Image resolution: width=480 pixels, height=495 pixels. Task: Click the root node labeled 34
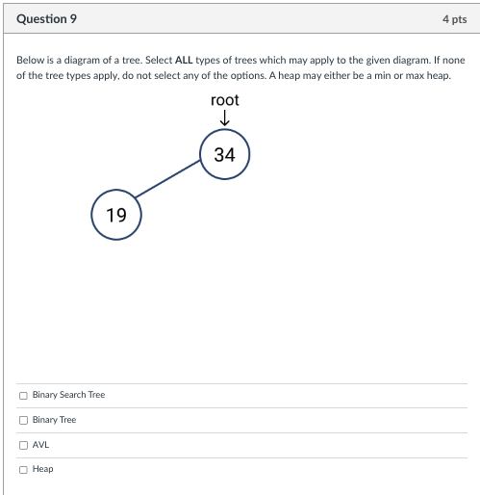[225, 154]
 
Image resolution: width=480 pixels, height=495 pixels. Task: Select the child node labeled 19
[116, 215]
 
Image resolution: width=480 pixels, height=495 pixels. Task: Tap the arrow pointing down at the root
[224, 118]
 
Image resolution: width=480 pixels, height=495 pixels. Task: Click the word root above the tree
[224, 100]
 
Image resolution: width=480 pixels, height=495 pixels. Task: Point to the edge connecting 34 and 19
[170, 184]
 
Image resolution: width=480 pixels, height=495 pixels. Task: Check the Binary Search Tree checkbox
[23, 395]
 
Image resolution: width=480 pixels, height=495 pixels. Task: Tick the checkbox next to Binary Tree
[23, 420]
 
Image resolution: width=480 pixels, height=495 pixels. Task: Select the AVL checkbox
[23, 445]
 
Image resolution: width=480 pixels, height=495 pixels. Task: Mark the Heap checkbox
[23, 469]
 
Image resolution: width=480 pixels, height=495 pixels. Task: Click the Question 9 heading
[47, 18]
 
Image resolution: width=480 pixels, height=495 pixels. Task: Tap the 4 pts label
[454, 18]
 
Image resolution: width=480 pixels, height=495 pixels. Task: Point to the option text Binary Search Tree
[68, 395]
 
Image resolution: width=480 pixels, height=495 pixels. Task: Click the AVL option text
[40, 445]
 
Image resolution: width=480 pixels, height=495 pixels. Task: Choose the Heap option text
[42, 469]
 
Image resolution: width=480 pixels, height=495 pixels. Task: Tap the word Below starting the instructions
[29, 60]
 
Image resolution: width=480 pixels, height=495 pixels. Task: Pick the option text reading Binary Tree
[54, 420]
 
